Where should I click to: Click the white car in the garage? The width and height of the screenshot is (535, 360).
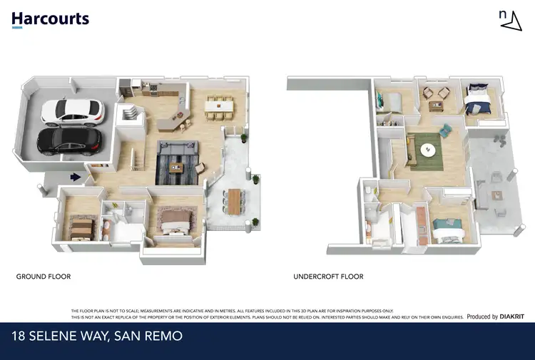click(72, 110)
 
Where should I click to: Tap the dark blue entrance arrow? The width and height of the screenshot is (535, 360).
click(73, 178)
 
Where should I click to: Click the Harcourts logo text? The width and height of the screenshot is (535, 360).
click(51, 19)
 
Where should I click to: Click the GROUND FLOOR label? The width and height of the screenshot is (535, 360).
click(43, 277)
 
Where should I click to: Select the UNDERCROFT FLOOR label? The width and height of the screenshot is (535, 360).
click(328, 277)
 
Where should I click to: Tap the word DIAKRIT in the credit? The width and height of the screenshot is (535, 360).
click(513, 317)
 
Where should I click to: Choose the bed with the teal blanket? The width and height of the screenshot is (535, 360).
click(449, 230)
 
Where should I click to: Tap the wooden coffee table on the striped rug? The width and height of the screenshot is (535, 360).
click(178, 168)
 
